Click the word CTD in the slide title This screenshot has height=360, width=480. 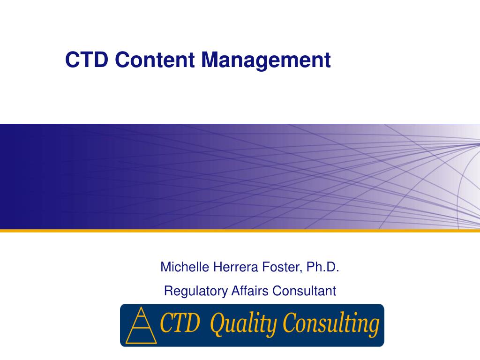(x=87, y=60)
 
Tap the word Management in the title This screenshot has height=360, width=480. (x=266, y=60)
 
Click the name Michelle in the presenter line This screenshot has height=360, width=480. (x=185, y=267)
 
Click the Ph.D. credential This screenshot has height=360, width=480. (x=322, y=267)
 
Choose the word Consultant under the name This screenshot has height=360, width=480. (x=304, y=291)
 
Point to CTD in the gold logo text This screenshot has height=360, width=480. (x=181, y=324)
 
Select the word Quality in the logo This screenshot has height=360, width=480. (x=238, y=325)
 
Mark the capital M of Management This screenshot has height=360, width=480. (x=210, y=60)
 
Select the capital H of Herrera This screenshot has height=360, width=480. (x=217, y=267)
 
